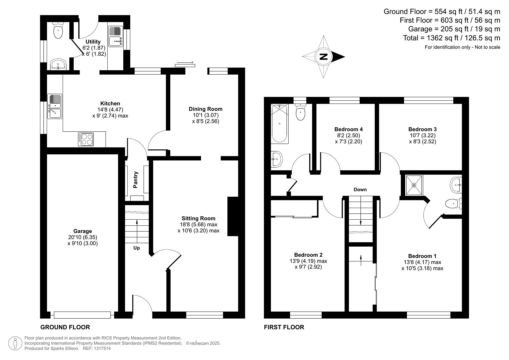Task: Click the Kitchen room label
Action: pos(110,103)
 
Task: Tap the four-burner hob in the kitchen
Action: pos(86,139)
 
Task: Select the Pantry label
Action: pos(135,180)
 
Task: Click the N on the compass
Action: pos(324,57)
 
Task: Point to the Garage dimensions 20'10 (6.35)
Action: pos(83,237)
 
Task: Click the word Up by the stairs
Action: pos(136,248)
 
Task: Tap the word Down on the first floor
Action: pos(360,190)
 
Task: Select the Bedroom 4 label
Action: pos(349,129)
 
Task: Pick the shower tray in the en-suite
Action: pos(414,185)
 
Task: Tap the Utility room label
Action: pos(93,42)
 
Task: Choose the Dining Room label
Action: pos(206,109)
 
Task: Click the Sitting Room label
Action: pos(198,218)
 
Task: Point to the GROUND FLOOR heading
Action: pos(65,327)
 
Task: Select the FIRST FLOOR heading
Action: pos(284,327)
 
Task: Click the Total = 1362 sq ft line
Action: pos(452,38)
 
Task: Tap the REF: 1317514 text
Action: pos(97,348)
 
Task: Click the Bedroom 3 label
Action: pos(422,129)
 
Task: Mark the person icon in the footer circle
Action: pos(15,343)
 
